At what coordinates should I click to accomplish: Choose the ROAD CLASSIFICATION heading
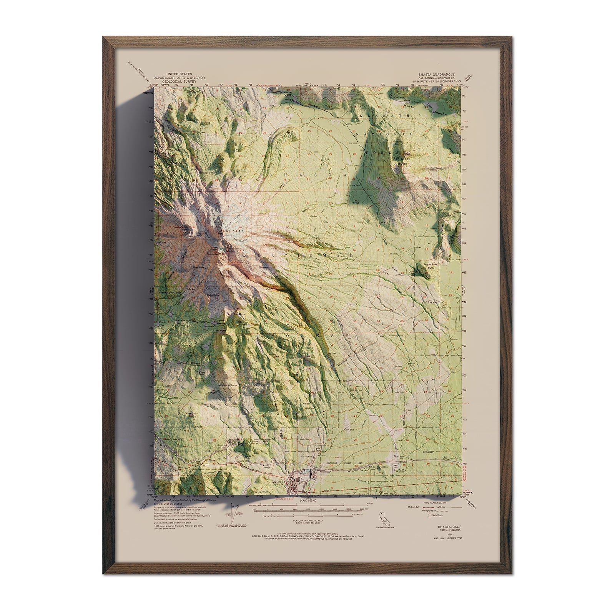tap(435, 502)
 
